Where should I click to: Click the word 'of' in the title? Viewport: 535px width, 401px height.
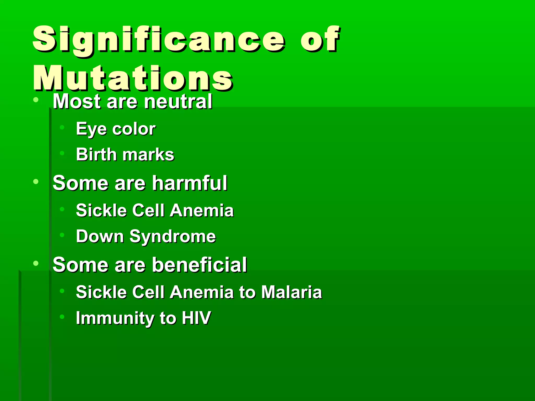320,39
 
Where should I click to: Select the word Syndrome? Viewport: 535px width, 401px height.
173,236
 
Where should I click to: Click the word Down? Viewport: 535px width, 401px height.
100,236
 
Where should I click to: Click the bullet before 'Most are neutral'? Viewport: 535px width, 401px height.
36,100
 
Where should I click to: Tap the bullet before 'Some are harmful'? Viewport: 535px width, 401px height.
36,181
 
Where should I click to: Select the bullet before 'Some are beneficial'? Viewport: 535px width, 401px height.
36,263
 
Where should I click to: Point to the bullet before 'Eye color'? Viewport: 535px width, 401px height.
62,127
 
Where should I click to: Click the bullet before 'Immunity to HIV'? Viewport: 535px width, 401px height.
62,317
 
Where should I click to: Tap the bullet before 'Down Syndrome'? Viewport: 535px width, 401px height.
62,235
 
